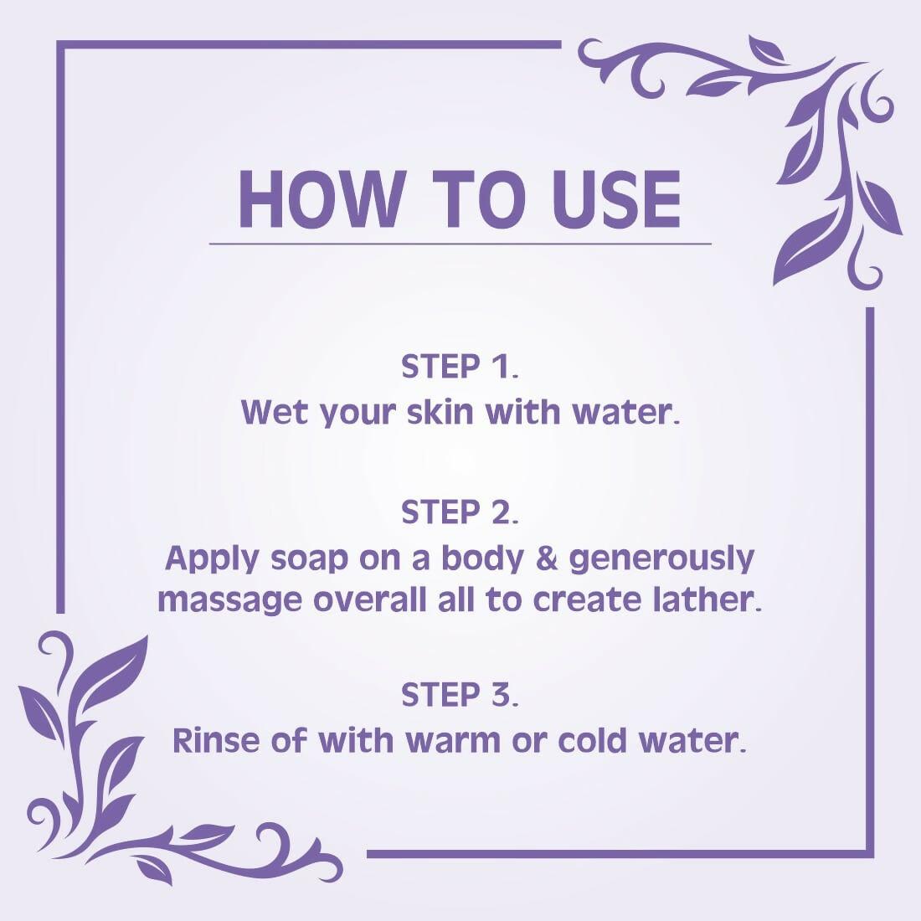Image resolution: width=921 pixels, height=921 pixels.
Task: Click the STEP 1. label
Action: tap(460, 367)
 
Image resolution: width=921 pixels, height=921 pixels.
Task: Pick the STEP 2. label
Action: tap(460, 512)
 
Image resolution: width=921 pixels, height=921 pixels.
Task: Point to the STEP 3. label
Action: tap(460, 695)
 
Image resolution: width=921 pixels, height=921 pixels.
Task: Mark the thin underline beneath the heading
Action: tap(460, 244)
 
